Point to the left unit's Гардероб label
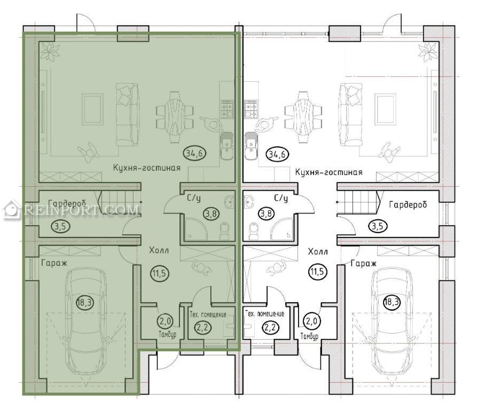point(67,203)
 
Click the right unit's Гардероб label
point(408,205)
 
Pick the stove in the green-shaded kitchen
point(227,109)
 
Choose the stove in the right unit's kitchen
point(251,109)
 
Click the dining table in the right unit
point(303,117)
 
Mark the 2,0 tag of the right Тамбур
point(311,321)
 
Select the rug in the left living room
point(92,109)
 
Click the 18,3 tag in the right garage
point(391,302)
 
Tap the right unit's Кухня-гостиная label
point(328,172)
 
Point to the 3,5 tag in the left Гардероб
point(61,226)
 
